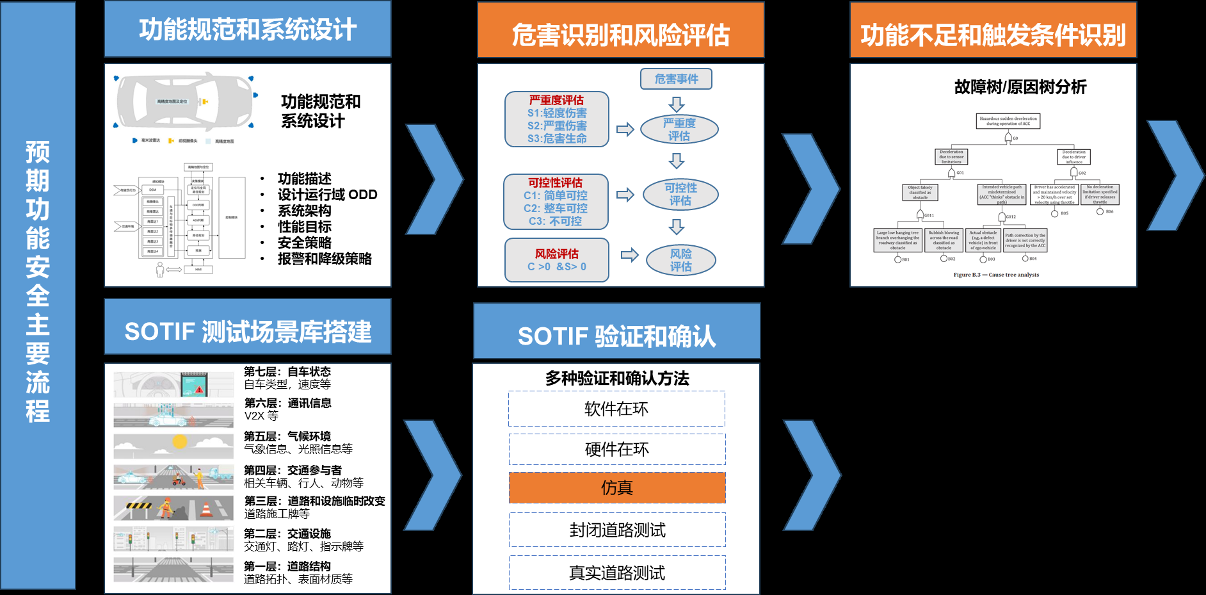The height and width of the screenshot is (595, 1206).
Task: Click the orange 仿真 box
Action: click(x=617, y=487)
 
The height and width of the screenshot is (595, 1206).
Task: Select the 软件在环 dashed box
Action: click(x=617, y=409)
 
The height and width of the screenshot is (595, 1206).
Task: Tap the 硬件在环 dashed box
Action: click(x=617, y=449)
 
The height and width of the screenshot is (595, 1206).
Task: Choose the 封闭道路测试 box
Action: click(x=617, y=530)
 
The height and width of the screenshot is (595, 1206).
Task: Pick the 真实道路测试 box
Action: click(x=617, y=573)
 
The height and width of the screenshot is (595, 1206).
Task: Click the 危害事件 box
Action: click(x=676, y=79)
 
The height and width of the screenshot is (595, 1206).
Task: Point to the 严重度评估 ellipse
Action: click(x=679, y=129)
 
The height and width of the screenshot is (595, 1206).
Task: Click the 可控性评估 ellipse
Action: click(x=680, y=194)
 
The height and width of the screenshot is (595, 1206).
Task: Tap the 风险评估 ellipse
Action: click(x=680, y=260)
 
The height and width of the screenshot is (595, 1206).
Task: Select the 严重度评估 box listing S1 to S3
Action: click(x=556, y=119)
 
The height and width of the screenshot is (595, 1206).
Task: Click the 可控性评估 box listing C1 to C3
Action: click(x=556, y=202)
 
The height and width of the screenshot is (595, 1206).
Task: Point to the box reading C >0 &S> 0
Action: click(x=556, y=260)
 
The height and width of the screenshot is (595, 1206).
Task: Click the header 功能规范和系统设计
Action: click(x=248, y=29)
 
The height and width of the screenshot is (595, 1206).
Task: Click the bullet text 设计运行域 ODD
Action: click(x=327, y=195)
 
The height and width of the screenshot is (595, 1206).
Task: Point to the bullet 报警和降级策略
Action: click(x=325, y=259)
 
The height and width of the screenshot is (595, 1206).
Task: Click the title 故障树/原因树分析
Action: click(x=1020, y=86)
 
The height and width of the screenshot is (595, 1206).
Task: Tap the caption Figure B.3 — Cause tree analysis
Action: click(x=996, y=275)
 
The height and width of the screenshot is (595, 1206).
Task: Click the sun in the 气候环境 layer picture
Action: click(x=180, y=442)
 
